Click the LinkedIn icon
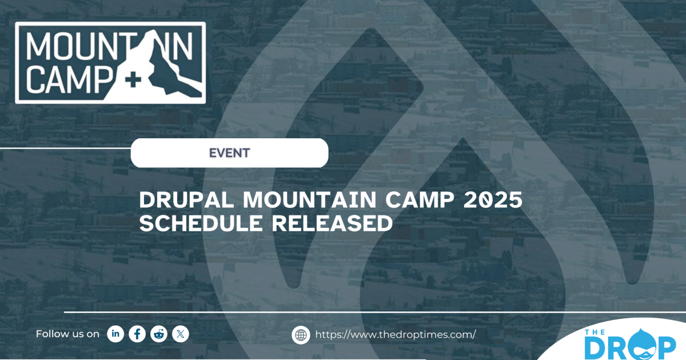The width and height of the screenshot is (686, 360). pyautogui.click(x=115, y=334)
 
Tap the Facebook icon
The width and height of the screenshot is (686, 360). pyautogui.click(x=137, y=334)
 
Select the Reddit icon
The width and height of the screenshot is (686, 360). pyautogui.click(x=159, y=334)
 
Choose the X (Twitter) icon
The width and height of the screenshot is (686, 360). pyautogui.click(x=181, y=334)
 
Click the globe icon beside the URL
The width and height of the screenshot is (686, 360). pyautogui.click(x=301, y=335)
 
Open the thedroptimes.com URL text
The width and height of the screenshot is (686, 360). pyautogui.click(x=395, y=335)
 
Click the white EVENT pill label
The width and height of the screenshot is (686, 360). pyautogui.click(x=229, y=153)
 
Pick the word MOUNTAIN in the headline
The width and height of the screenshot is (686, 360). pyautogui.click(x=305, y=201)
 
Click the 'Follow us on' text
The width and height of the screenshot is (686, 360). pyautogui.click(x=67, y=334)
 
